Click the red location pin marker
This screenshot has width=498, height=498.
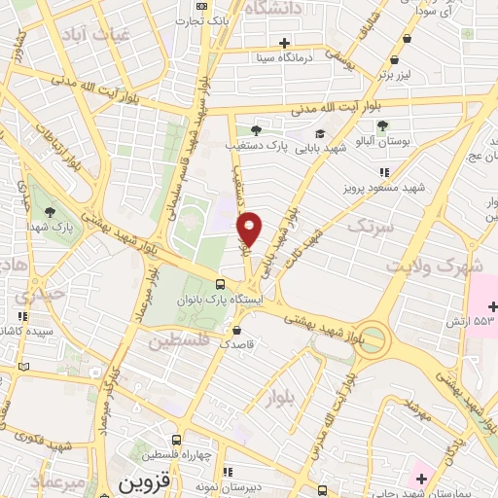[250, 229]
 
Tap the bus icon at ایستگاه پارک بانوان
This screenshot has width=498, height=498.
[222, 285]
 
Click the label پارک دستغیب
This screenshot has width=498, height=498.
[291, 146]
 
